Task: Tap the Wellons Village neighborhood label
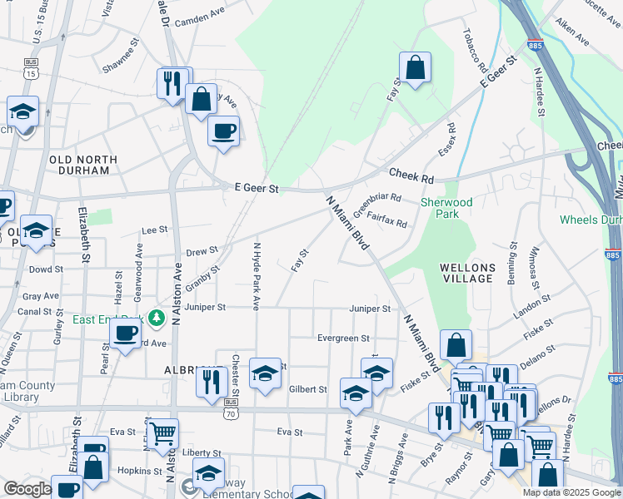click(x=469, y=273)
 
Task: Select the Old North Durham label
click(x=79, y=165)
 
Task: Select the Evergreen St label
click(x=343, y=338)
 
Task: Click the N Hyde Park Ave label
click(x=257, y=272)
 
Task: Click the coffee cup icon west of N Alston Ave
click(x=125, y=333)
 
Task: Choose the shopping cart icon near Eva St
click(x=162, y=432)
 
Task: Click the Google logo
click(x=27, y=489)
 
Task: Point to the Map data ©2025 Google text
click(x=571, y=492)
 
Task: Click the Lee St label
click(x=156, y=230)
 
